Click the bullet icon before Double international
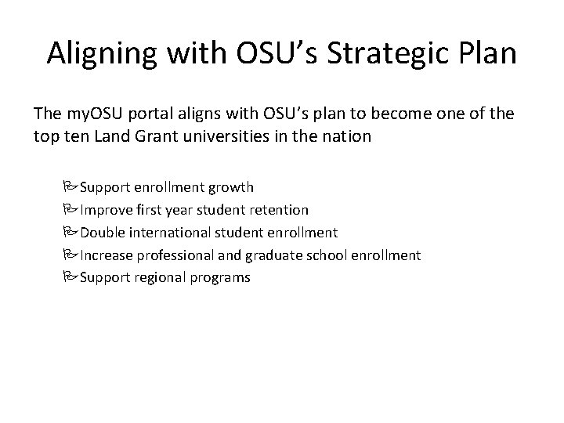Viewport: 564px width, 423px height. coord(73,232)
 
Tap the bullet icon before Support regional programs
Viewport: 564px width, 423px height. coord(73,277)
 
